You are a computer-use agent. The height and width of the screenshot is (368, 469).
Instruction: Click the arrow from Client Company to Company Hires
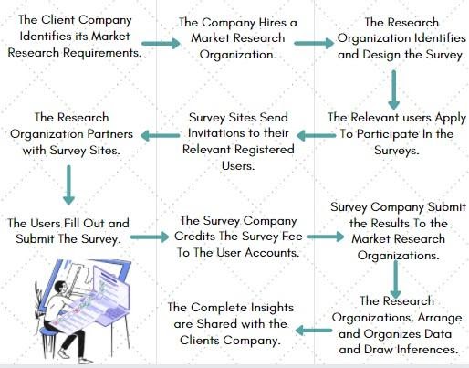coord(161,43)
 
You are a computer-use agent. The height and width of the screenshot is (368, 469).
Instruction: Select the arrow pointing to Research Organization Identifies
coord(314,43)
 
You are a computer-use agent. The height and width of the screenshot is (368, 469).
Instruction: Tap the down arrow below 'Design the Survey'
coord(394,89)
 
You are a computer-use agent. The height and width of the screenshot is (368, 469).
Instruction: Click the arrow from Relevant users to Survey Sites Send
coord(316,135)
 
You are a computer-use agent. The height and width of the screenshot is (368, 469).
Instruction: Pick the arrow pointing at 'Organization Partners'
coord(161,135)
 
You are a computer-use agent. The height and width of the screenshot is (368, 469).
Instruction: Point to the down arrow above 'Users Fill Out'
coord(68,184)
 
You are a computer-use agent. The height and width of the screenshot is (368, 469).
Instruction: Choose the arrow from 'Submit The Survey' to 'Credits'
coord(149,237)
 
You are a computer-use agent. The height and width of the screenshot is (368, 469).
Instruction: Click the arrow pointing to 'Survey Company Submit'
coord(326,237)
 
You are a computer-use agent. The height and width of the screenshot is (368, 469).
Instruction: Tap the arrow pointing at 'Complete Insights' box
coord(314,331)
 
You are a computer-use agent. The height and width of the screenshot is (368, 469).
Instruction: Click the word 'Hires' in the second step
coord(273,23)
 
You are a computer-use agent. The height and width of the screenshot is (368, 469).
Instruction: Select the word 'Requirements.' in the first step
coord(102,53)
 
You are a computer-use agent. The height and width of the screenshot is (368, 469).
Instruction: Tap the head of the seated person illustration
coord(60,287)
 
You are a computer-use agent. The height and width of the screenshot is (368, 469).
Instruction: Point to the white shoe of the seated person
coord(64,353)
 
